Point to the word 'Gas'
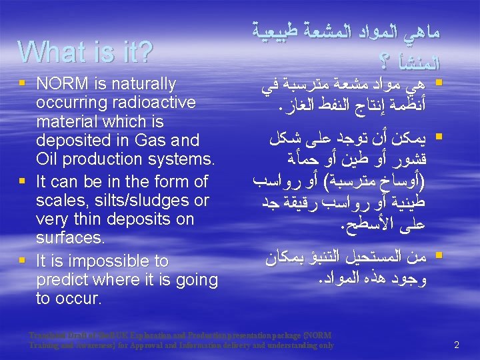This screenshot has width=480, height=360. [153, 140]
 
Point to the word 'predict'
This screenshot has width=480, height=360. [61, 279]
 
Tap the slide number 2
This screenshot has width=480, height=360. [457, 345]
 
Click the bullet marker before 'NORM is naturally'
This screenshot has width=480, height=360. [24, 85]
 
